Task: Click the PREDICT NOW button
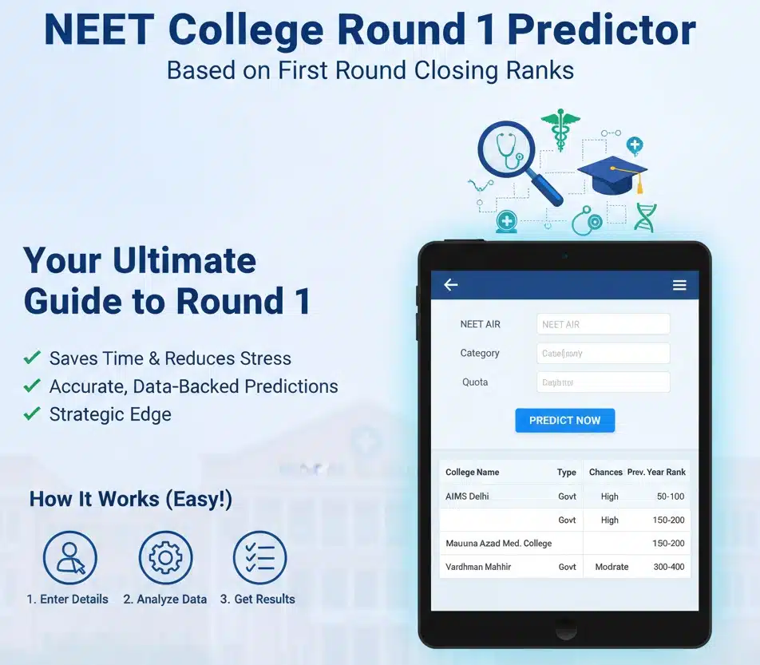[564, 421]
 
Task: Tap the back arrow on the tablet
[451, 285]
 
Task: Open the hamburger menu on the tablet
[679, 285]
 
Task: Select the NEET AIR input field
[603, 324]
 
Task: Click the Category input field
[603, 354]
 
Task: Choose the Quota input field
[603, 382]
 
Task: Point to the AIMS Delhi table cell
[467, 497]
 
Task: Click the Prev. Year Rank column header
[656, 472]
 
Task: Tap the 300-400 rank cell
[668, 567]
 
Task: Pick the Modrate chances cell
[612, 567]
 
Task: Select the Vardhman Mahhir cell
[478, 567]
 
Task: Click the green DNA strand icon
[646, 217]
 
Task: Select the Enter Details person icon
[69, 557]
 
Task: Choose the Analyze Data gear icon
[165, 557]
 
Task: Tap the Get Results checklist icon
[259, 557]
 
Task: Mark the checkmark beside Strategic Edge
[32, 414]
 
